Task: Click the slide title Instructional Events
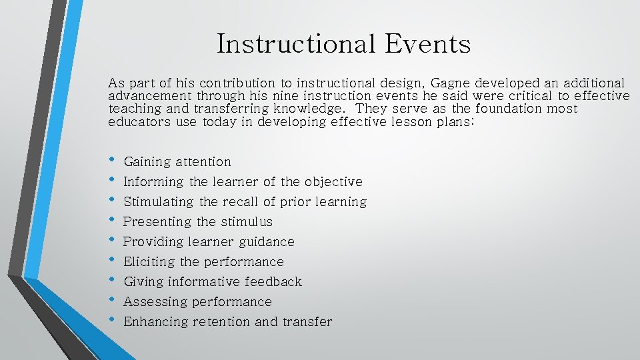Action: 343,44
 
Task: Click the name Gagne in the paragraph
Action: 454,83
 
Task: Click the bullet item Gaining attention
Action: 177,162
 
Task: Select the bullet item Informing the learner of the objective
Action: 243,182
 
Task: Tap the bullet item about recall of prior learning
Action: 245,202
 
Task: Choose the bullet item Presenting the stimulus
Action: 198,222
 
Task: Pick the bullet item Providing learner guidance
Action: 209,242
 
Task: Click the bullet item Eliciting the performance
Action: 203,262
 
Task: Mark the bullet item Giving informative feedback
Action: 213,282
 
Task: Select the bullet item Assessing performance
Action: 197,302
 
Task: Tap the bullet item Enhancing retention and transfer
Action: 227,322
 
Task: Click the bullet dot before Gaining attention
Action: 111,161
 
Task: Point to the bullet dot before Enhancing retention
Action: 111,321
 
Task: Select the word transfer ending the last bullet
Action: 307,322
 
